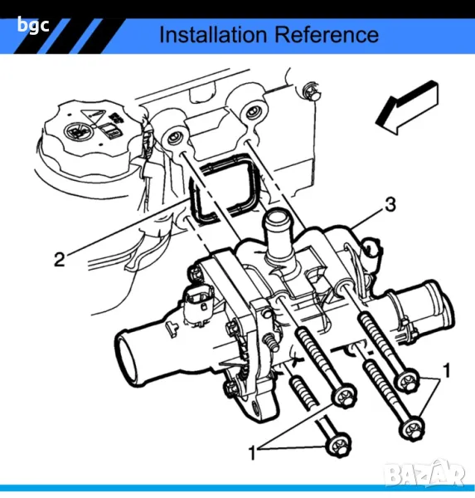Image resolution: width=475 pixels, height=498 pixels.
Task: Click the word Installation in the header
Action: coord(213,34)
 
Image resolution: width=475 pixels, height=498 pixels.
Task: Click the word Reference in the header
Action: coord(327,34)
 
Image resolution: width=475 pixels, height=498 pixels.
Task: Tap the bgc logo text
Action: coord(33,26)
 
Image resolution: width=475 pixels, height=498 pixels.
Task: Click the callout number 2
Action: coord(60,259)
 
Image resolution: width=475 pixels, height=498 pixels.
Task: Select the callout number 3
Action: coord(390,204)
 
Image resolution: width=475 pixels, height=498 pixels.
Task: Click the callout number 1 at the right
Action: coord(447,370)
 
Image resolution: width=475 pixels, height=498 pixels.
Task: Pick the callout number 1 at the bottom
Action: coord(252,452)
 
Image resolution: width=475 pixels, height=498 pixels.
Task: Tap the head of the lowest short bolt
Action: coord(338,444)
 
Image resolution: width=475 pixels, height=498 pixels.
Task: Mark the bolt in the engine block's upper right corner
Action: coord(312,91)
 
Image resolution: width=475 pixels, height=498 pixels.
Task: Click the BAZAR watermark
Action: coord(425,474)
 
